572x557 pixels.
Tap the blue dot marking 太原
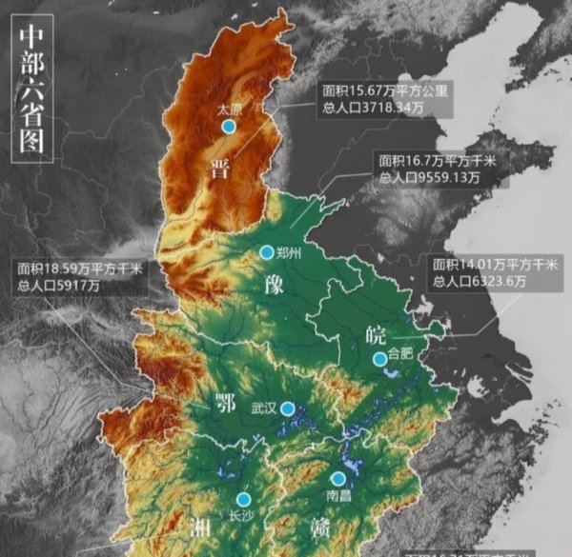tap(228, 126)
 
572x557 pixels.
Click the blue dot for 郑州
tap(266, 251)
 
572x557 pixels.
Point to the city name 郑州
tap(287, 252)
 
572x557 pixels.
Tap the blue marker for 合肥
tap(379, 358)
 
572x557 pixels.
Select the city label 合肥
tap(400, 358)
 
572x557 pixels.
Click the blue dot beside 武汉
tap(286, 408)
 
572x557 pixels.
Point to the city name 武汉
tap(262, 408)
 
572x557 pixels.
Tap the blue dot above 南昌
tap(337, 478)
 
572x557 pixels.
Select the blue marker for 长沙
tap(243, 499)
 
